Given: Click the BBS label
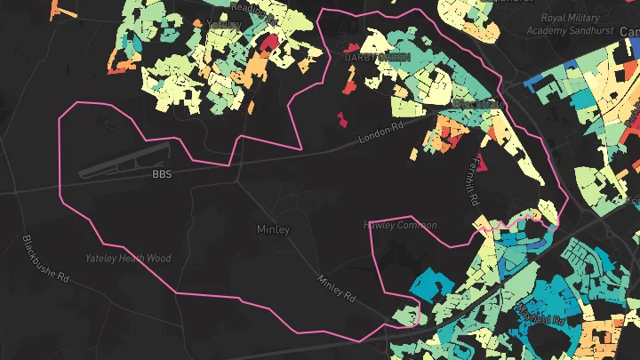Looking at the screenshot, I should (x=162, y=174).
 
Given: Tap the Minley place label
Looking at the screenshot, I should (x=273, y=229).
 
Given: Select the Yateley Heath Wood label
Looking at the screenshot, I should (x=127, y=259).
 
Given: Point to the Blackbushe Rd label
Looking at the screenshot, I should (x=45, y=259).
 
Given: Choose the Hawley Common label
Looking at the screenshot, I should (x=401, y=226).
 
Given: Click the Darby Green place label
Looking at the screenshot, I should (x=377, y=57).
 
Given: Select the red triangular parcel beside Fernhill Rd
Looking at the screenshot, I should (x=483, y=163).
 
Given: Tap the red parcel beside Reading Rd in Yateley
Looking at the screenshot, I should (x=268, y=42).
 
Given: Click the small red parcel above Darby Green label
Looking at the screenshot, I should (x=352, y=46).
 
